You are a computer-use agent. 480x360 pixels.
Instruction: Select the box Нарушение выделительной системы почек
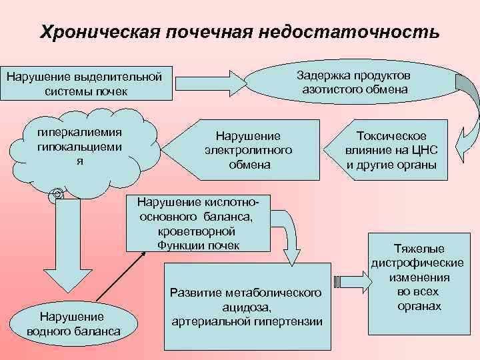click(x=85, y=83)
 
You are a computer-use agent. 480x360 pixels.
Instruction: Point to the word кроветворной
click(x=197, y=232)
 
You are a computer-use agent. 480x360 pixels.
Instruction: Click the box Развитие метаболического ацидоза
click(x=246, y=307)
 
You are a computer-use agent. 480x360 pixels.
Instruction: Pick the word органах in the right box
click(x=422, y=306)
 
